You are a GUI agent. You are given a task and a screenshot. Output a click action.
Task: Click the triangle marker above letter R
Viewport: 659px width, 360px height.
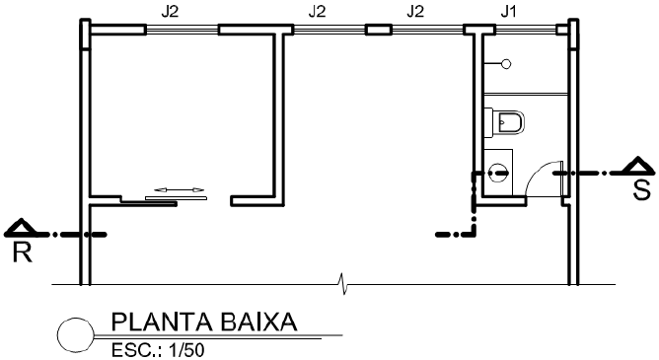pyautogui.click(x=22, y=229)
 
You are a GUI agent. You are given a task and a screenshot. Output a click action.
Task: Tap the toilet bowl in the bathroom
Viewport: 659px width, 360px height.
pyautogui.click(x=511, y=122)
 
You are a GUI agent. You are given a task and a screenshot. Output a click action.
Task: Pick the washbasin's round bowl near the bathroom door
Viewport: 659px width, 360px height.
pyautogui.click(x=498, y=171)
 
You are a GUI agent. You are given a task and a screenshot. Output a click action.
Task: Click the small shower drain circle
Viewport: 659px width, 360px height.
pyautogui.click(x=507, y=64)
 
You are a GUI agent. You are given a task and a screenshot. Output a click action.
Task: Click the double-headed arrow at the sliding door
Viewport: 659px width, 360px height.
pyautogui.click(x=179, y=189)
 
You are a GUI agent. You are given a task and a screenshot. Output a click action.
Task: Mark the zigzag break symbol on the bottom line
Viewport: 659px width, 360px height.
pyautogui.click(x=342, y=286)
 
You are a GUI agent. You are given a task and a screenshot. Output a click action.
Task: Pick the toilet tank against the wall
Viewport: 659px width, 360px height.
pyautogui.click(x=490, y=122)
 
